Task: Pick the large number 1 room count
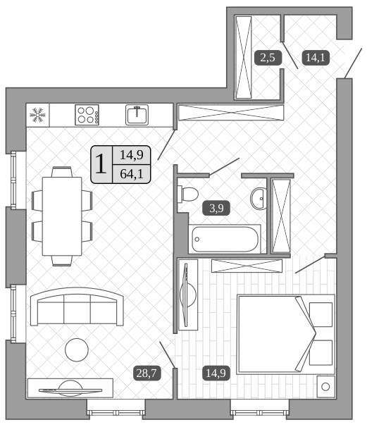(x=101, y=164)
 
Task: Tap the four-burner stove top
(x=87, y=114)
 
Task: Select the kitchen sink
(x=137, y=114)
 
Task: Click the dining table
(x=62, y=216)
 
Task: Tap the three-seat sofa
(x=76, y=307)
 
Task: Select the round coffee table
(x=77, y=348)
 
